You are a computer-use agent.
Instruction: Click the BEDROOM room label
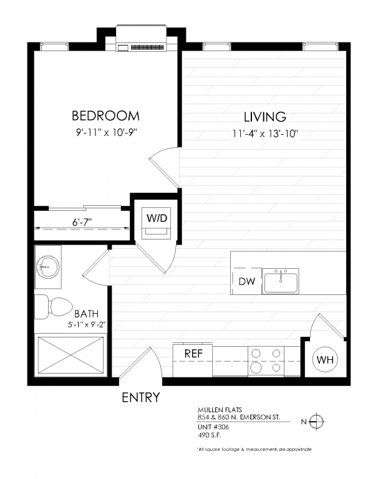(x=105, y=116)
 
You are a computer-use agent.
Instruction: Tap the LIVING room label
(x=265, y=117)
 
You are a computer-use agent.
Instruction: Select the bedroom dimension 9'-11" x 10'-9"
(x=106, y=133)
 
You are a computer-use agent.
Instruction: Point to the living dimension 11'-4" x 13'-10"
(x=265, y=133)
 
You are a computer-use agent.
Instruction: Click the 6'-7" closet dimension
(x=82, y=222)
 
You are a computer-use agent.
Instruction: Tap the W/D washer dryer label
(x=157, y=218)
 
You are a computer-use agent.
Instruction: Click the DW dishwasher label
(x=247, y=281)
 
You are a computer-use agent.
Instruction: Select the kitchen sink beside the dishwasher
(x=280, y=281)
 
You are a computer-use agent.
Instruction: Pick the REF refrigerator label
(x=193, y=354)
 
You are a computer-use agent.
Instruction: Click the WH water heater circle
(x=325, y=359)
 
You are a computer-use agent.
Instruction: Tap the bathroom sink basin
(x=48, y=267)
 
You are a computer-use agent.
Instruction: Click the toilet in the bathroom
(x=53, y=307)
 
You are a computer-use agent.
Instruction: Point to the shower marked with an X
(x=70, y=355)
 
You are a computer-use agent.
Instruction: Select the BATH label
(x=87, y=314)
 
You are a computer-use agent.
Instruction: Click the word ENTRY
(x=141, y=397)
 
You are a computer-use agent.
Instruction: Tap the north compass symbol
(x=316, y=422)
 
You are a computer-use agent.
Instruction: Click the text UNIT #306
(x=213, y=427)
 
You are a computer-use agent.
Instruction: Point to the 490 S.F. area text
(x=209, y=435)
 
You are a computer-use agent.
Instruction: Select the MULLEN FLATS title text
(x=220, y=410)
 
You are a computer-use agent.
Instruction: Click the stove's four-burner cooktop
(x=266, y=360)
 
